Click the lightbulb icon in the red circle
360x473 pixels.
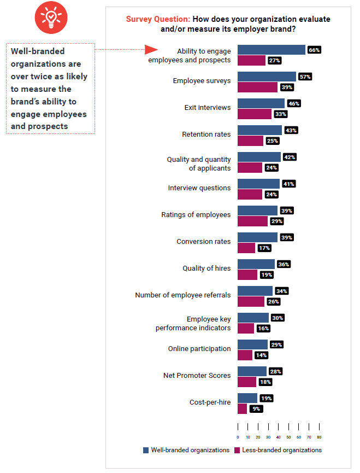pyautogui.click(x=51, y=19)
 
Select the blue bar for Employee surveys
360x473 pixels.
pyautogui.click(x=267, y=77)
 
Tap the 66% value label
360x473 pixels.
pyautogui.click(x=314, y=50)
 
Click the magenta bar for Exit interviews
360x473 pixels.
pyautogui.click(x=254, y=114)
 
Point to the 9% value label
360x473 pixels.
pyautogui.click(x=256, y=408)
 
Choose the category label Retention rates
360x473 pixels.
pyautogui.click(x=206, y=134)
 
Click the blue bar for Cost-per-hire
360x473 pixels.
pyautogui.click(x=247, y=398)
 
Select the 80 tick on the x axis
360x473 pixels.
pyautogui.click(x=319, y=437)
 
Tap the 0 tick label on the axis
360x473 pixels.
pyautogui.click(x=238, y=437)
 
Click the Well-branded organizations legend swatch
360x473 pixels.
pyautogui.click(x=146, y=450)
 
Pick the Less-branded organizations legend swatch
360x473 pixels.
pyautogui.click(x=237, y=450)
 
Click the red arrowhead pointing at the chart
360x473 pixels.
pyautogui.click(x=151, y=50)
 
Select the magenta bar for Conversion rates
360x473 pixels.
pyautogui.click(x=246, y=248)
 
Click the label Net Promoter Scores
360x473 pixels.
pyautogui.click(x=197, y=376)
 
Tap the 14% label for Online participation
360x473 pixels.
pyautogui.click(x=261, y=355)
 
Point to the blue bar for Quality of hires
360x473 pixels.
pyautogui.click(x=256, y=264)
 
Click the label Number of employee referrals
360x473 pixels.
pyautogui.click(x=182, y=295)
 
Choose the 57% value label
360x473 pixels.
pyautogui.click(x=305, y=77)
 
